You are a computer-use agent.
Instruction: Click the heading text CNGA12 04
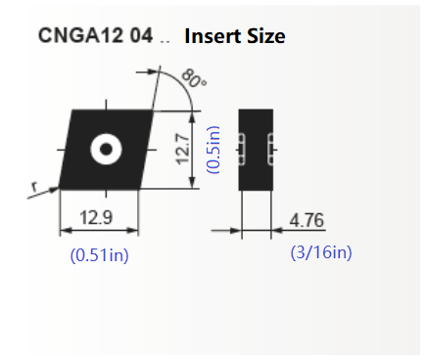[95, 35]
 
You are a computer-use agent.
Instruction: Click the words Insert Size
[235, 36]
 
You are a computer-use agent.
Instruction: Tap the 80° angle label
[194, 78]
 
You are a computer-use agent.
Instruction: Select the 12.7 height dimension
[183, 149]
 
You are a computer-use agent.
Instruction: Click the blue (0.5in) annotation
[213, 150]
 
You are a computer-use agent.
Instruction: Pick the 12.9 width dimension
[96, 217]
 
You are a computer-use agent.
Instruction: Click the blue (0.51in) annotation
[100, 255]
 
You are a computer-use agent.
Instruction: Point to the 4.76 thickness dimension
[307, 220]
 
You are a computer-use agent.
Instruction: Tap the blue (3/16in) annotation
[321, 252]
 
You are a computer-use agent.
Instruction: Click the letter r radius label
[34, 187]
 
